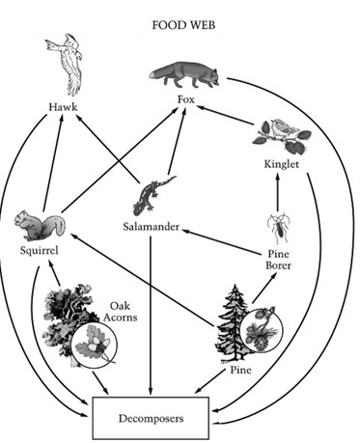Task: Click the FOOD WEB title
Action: (183, 25)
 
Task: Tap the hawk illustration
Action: (66, 65)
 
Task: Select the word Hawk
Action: (63, 107)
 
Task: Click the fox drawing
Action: (184, 74)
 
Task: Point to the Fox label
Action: (186, 99)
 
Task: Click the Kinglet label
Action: (282, 164)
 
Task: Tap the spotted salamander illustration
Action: (153, 195)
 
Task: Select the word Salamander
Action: (152, 227)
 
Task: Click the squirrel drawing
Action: (40, 226)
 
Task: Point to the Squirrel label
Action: (40, 250)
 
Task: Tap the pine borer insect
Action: (278, 227)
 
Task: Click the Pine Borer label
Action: (278, 260)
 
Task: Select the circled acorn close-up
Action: (94, 346)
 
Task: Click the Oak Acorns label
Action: (120, 312)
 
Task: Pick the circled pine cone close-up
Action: (262, 330)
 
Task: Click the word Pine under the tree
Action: (240, 370)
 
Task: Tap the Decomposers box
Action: (151, 418)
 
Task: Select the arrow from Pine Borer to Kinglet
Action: (278, 193)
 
